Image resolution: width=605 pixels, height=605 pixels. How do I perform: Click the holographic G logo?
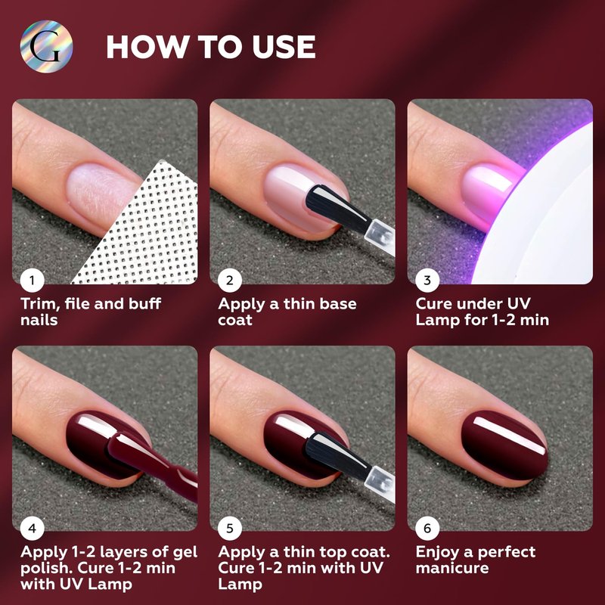pyautogui.click(x=46, y=47)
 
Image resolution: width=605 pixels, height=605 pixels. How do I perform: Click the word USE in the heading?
pyautogui.click(x=284, y=47)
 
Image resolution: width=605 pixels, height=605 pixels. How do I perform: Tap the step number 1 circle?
pyautogui.click(x=32, y=280)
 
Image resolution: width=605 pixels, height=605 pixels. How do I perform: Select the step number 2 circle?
pyautogui.click(x=230, y=280)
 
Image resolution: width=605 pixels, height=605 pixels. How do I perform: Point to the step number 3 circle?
pyautogui.click(x=427, y=280)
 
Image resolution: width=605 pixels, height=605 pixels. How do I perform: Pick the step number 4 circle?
pyautogui.click(x=32, y=528)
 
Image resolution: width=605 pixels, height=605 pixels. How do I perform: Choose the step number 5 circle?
pyautogui.click(x=230, y=528)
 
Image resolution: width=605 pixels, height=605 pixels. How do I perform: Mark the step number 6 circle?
pyautogui.click(x=427, y=528)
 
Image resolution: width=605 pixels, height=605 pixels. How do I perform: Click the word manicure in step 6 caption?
pyautogui.click(x=451, y=568)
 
